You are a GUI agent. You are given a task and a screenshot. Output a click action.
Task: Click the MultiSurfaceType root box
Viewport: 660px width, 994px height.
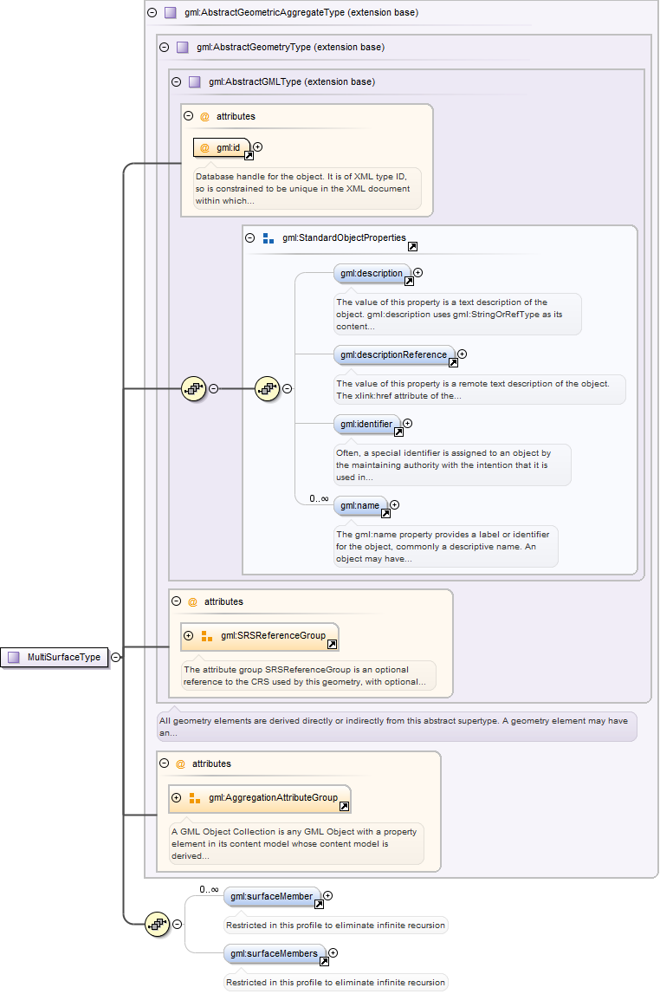pyautogui.click(x=55, y=658)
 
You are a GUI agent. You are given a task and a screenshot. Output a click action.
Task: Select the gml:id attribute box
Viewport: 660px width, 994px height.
pyautogui.click(x=222, y=147)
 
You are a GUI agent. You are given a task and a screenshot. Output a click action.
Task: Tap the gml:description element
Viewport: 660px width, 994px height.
pyautogui.click(x=372, y=273)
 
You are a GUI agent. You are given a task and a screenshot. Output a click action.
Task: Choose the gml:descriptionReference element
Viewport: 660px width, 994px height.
pyautogui.click(x=394, y=354)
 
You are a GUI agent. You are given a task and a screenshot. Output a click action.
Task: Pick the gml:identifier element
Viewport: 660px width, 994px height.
pyautogui.click(x=366, y=424)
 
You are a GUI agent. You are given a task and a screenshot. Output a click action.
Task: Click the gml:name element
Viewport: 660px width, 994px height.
pyautogui.click(x=360, y=505)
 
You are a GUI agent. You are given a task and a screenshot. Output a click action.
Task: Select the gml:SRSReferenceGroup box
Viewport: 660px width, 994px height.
pyautogui.click(x=260, y=636)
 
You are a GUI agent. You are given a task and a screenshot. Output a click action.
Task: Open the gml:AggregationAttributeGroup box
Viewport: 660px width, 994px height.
pyautogui.click(x=260, y=799)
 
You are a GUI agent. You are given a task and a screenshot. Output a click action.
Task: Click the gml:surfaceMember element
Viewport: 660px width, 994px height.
pyautogui.click(x=272, y=896)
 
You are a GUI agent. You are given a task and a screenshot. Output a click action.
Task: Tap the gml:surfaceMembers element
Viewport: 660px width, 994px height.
pyautogui.click(x=275, y=953)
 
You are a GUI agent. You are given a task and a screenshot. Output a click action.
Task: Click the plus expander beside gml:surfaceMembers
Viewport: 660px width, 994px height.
pyautogui.click(x=333, y=952)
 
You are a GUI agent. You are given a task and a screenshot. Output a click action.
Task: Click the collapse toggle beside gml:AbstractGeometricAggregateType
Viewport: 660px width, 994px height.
pyautogui.click(x=152, y=12)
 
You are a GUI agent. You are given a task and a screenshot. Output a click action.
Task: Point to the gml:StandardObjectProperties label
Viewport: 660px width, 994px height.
pyautogui.click(x=344, y=237)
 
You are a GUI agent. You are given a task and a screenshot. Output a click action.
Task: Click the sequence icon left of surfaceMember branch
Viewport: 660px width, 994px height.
pyautogui.click(x=157, y=925)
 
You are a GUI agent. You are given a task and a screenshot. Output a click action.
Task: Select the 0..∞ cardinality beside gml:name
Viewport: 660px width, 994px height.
pyautogui.click(x=320, y=499)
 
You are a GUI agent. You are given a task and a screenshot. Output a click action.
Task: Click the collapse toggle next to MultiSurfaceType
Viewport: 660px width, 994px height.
pyautogui.click(x=116, y=658)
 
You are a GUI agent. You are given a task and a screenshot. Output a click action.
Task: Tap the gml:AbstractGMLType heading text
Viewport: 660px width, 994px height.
pyautogui.click(x=292, y=81)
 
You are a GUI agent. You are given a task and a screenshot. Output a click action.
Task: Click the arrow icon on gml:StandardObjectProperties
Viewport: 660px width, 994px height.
pyautogui.click(x=412, y=247)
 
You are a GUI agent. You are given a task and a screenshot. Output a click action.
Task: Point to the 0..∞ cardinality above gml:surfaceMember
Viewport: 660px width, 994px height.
pyautogui.click(x=209, y=889)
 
